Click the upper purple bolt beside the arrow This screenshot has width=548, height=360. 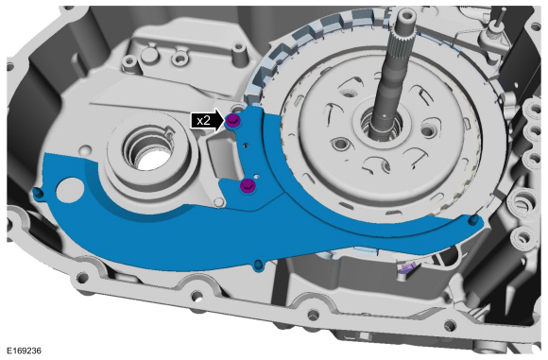pyautogui.click(x=235, y=121)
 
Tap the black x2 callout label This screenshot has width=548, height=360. pyautogui.click(x=202, y=121)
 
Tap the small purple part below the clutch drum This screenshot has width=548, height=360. pyautogui.click(x=406, y=271)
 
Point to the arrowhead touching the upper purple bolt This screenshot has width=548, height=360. pyautogui.click(x=224, y=121)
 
